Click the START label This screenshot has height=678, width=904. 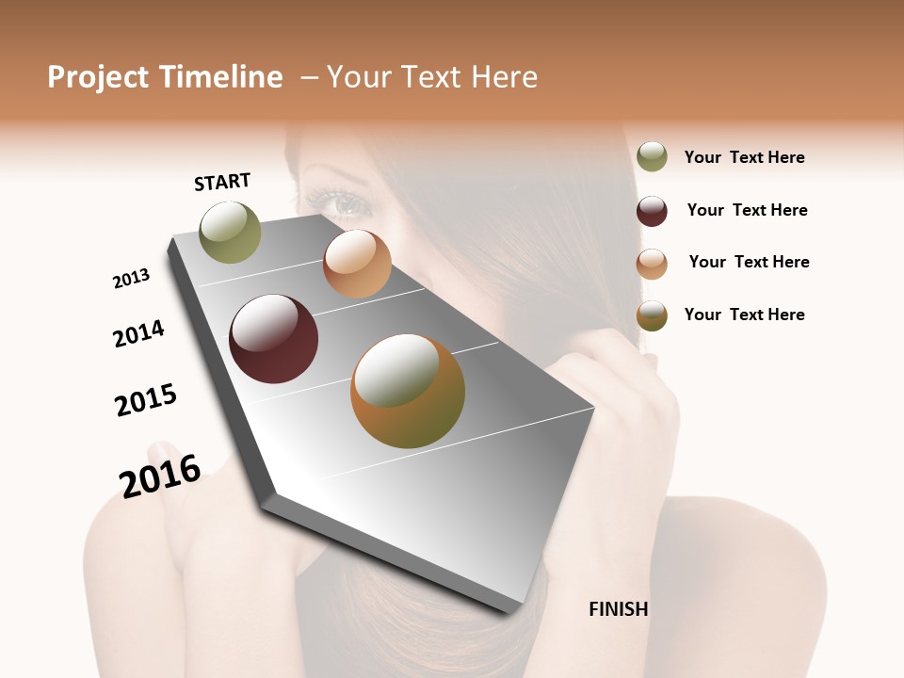[222, 182]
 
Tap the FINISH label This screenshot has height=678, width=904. [618, 609]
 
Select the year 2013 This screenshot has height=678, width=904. [131, 279]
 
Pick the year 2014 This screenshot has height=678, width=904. [138, 333]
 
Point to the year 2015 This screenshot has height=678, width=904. [146, 400]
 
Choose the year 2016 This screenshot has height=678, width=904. [160, 476]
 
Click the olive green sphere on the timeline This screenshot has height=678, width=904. [231, 232]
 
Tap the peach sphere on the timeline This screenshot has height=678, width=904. [357, 264]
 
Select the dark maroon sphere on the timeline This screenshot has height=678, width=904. [273, 339]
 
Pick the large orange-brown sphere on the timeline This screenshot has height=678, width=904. [408, 391]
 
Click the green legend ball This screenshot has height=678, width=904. [652, 156]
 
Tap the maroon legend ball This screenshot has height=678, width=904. [652, 211]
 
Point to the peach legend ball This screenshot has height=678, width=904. [652, 264]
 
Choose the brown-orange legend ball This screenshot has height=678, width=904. [652, 315]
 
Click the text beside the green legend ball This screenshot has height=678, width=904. [744, 157]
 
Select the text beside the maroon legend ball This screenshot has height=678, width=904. [747, 210]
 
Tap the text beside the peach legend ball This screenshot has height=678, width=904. [749, 262]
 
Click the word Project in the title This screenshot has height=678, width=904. [98, 77]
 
